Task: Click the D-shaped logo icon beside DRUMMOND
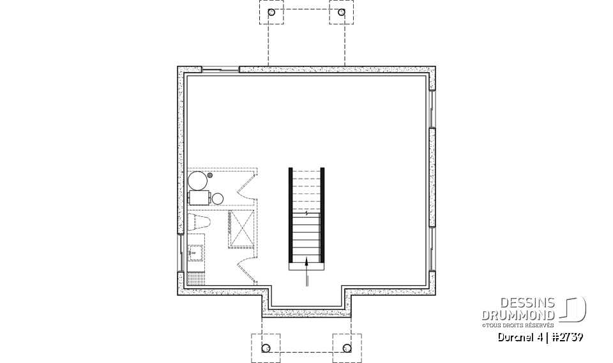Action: click(x=575, y=309)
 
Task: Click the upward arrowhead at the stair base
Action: click(x=307, y=259)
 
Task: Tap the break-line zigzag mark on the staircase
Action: click(x=306, y=214)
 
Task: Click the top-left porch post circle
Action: click(x=271, y=12)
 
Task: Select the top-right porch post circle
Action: click(x=341, y=12)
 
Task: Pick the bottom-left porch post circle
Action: click(x=266, y=348)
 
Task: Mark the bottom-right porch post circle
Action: click(x=347, y=348)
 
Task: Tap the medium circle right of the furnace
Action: click(x=217, y=198)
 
